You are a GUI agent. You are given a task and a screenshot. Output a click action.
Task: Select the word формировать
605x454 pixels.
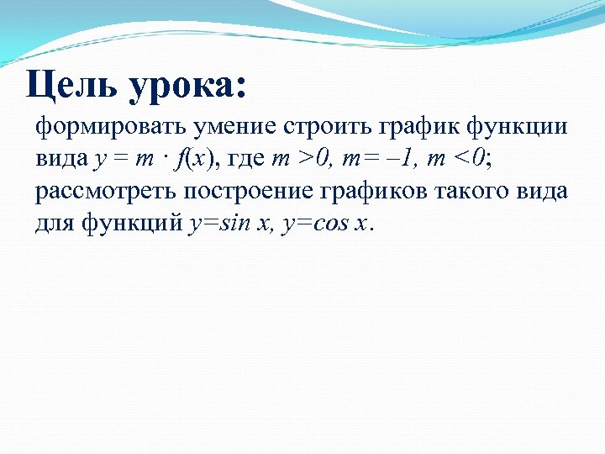pyautogui.click(x=111, y=128)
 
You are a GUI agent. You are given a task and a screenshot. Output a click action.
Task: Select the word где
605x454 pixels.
pyautogui.click(x=243, y=160)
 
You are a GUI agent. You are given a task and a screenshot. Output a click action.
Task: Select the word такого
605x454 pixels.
pyautogui.click(x=477, y=192)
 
